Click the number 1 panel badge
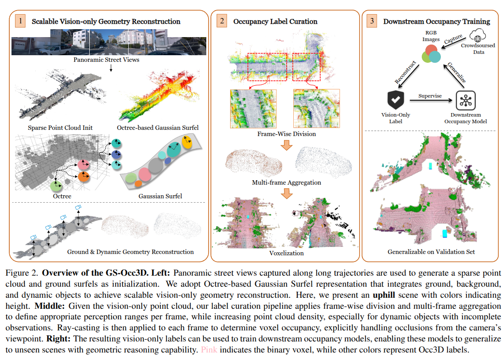click(x=20, y=21)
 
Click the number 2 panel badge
click(x=222, y=21)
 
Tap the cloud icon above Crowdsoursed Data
click(x=478, y=35)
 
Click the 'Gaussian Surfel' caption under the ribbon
click(x=160, y=196)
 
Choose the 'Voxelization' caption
click(x=286, y=254)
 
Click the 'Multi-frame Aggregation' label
click(x=286, y=182)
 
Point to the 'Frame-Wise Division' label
click(x=286, y=134)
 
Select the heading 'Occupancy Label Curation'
click(x=275, y=21)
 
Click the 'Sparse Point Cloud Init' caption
click(x=58, y=128)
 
